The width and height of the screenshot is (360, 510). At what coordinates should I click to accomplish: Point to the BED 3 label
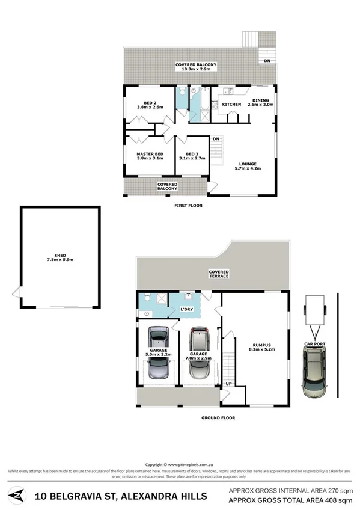pyautogui.click(x=192, y=155)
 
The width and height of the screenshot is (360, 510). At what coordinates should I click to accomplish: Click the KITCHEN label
pyautogui.click(x=231, y=105)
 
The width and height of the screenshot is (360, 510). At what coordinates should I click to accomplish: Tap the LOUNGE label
pyautogui.click(x=248, y=164)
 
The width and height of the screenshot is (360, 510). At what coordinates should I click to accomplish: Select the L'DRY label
pyautogui.click(x=186, y=309)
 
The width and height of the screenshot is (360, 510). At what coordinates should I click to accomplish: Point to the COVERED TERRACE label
pyautogui.click(x=219, y=274)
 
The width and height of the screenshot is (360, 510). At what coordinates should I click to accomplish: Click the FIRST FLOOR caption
pyautogui.click(x=189, y=206)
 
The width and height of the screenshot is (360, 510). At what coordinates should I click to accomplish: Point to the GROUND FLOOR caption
pyautogui.click(x=218, y=417)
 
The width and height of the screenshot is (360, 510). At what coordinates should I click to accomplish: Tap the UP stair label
pyautogui.click(x=228, y=383)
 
